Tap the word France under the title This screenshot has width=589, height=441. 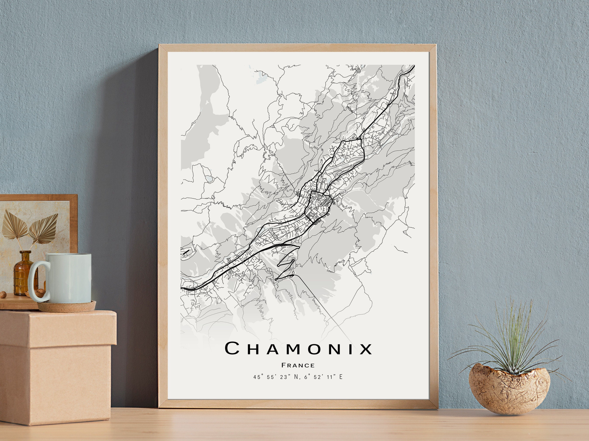298,365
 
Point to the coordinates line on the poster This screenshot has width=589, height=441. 298,377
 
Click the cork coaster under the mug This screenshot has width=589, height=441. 67,306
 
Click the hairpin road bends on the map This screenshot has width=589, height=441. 286,266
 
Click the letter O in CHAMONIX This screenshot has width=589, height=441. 317,349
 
